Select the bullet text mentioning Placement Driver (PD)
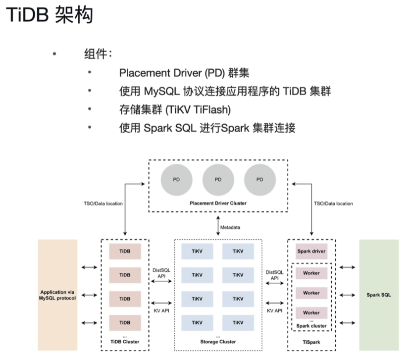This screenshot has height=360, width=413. click(x=184, y=73)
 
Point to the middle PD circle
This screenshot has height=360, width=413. click(x=218, y=179)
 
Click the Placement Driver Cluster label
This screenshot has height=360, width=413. click(x=218, y=203)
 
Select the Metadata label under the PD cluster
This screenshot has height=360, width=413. click(x=231, y=227)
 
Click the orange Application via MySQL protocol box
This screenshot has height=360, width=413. click(x=58, y=295)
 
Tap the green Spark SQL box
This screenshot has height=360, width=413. click(x=379, y=295)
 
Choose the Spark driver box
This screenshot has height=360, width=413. click(x=311, y=251)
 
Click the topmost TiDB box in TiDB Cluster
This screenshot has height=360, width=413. click(x=125, y=251)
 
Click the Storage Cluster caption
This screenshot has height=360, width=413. click(x=218, y=342)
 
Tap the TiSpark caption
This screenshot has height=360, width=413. click(x=311, y=342)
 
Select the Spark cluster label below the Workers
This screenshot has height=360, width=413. click(x=311, y=326)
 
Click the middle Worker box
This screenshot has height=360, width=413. click(x=311, y=293)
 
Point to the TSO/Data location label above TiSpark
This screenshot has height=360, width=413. click(x=333, y=204)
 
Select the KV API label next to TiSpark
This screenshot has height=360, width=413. click(x=275, y=310)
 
